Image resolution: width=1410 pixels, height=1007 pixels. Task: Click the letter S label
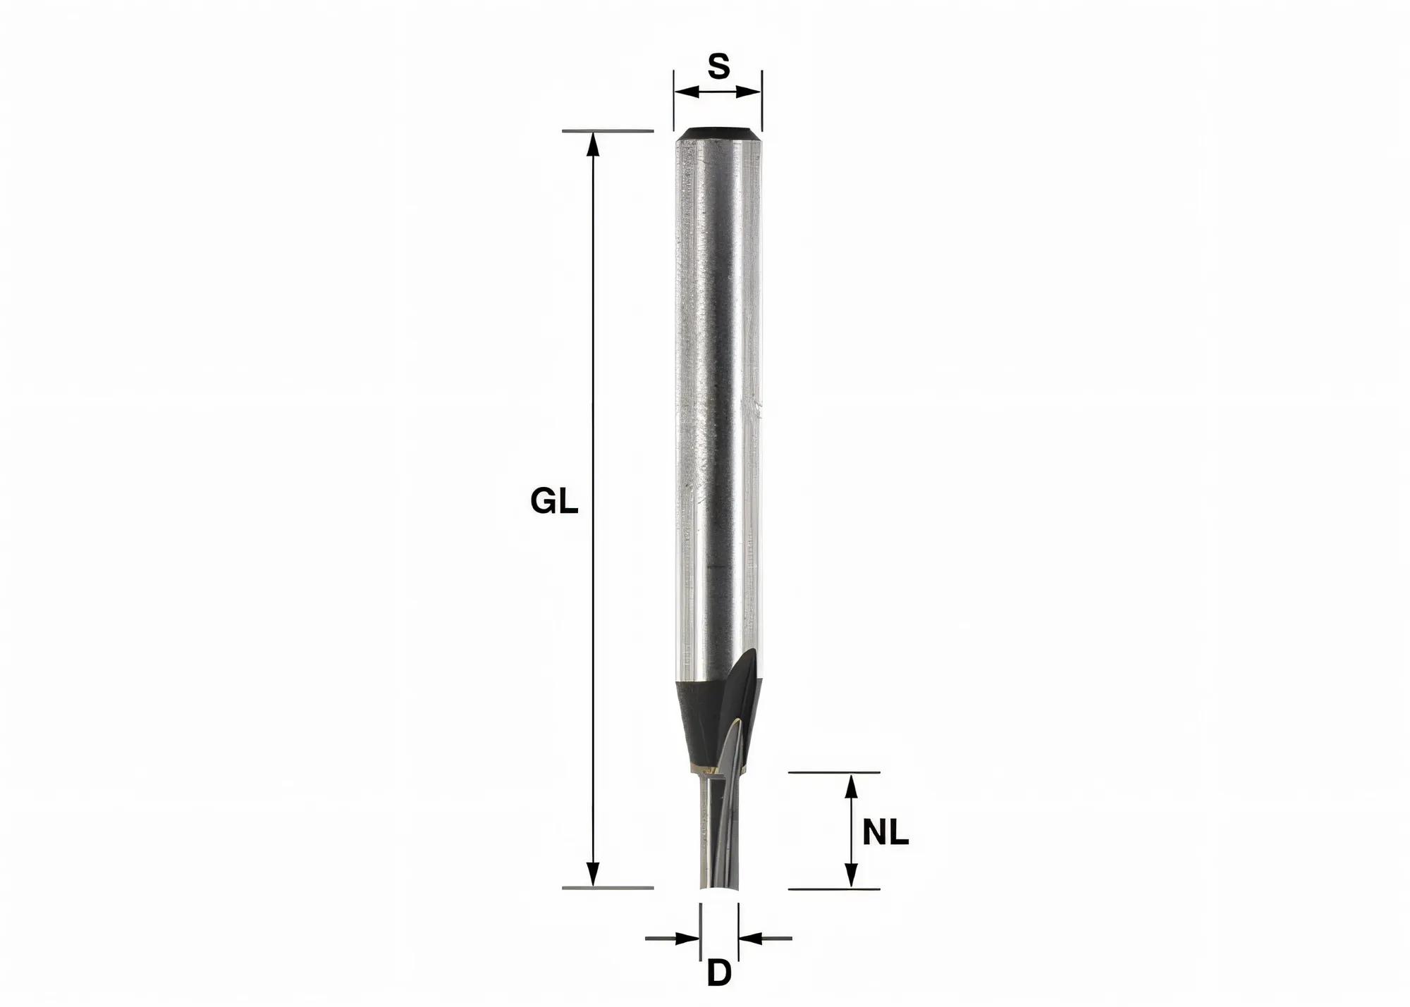718,66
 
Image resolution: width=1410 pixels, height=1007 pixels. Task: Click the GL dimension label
554,502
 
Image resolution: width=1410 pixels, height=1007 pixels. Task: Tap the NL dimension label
885,833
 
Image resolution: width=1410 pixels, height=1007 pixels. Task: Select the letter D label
718,974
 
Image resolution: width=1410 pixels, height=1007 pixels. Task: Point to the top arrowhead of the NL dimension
852,785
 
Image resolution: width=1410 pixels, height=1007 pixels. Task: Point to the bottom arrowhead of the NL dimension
852,876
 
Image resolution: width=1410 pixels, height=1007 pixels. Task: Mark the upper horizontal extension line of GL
608,131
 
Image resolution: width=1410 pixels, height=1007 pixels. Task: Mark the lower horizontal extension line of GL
608,887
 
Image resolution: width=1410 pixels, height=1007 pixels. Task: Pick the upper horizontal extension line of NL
833,772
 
